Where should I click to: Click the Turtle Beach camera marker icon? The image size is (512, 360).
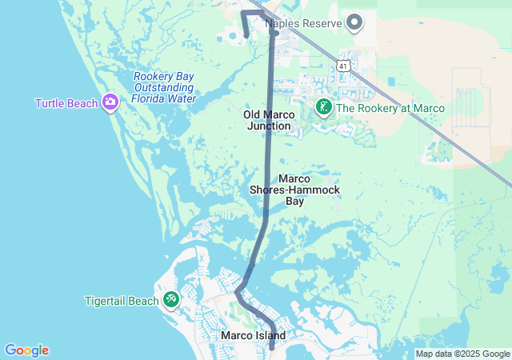click(x=110, y=102)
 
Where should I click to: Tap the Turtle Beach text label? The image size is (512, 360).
click(x=67, y=103)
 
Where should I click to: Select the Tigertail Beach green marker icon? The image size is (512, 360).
click(x=170, y=300)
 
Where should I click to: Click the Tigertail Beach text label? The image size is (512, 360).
click(x=122, y=301)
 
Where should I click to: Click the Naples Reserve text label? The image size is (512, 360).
click(x=305, y=23)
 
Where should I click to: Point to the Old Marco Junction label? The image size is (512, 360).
click(x=270, y=120)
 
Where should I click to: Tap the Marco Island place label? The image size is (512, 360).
click(x=253, y=336)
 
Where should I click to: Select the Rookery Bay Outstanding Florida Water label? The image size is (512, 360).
click(x=164, y=87)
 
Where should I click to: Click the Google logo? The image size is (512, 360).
click(x=26, y=350)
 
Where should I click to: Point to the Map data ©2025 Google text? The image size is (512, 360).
click(x=462, y=354)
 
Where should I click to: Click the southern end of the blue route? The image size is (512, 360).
click(x=272, y=347)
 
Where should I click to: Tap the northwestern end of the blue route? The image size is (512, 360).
click(x=246, y=35)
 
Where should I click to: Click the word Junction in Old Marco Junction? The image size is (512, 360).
click(x=270, y=126)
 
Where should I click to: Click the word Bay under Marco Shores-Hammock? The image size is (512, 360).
click(x=295, y=202)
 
